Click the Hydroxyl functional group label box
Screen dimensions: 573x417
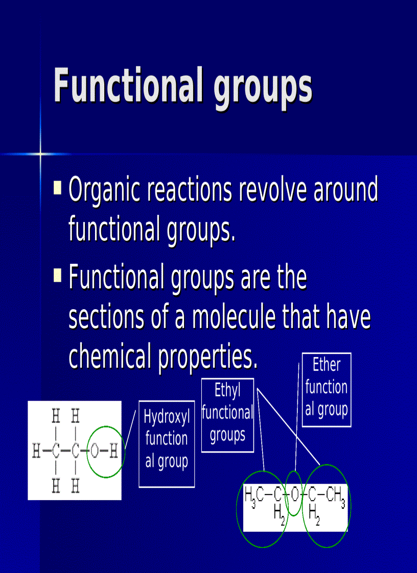pyautogui.click(x=167, y=443)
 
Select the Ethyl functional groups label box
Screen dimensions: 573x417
pyautogui.click(x=227, y=415)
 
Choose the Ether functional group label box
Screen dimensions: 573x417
pyautogui.click(x=326, y=389)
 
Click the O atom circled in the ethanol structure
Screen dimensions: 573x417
pyautogui.click(x=95, y=451)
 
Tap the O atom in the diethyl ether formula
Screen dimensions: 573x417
pyautogui.click(x=294, y=494)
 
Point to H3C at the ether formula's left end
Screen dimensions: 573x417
pyautogui.click(x=253, y=494)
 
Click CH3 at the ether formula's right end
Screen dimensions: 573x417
pyautogui.click(x=335, y=495)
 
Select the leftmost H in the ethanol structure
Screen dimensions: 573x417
pyautogui.click(x=36, y=451)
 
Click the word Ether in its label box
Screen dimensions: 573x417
pyautogui.click(x=326, y=365)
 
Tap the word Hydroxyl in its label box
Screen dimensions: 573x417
pyautogui.click(x=167, y=417)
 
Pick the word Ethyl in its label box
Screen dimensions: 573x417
pyautogui.click(x=227, y=391)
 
